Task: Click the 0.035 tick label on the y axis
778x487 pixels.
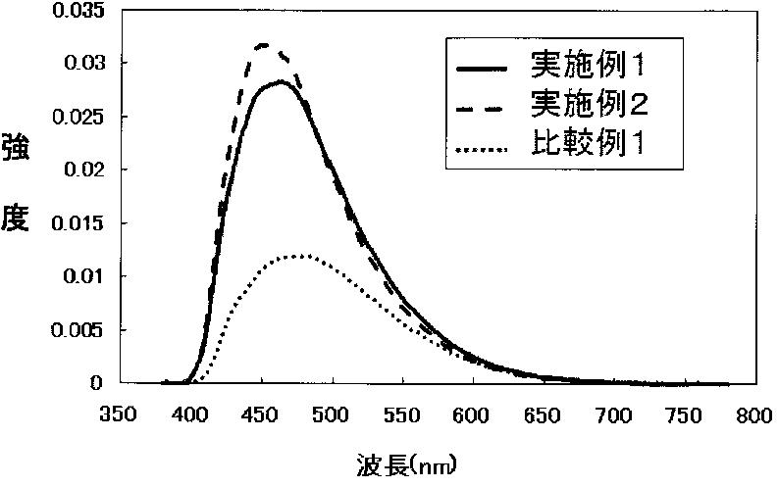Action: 78,11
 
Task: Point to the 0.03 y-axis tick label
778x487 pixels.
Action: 84,63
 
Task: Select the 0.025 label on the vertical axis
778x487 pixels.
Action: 78,117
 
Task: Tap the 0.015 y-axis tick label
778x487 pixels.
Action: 78,223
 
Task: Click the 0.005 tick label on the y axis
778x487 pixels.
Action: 78,330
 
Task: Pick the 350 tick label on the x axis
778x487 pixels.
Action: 118,414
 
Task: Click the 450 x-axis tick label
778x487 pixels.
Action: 260,414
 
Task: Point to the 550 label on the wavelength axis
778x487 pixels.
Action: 402,414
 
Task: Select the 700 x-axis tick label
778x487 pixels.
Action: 614,414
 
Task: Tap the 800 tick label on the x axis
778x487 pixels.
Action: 754,414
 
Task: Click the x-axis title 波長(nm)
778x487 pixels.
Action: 406,465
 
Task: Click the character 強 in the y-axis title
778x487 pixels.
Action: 16,147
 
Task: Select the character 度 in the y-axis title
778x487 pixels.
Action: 16,219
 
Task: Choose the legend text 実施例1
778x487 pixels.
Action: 588,65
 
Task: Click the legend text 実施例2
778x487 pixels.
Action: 589,104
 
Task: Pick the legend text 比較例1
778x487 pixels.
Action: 588,143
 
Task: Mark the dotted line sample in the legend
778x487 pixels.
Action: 483,148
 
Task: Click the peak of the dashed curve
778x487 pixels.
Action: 263,45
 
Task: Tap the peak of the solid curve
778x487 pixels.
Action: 280,81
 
